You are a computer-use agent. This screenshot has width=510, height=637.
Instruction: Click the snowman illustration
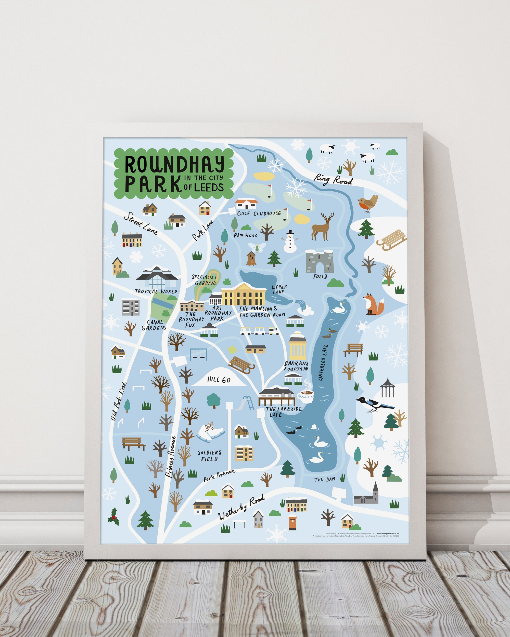[x=290, y=242]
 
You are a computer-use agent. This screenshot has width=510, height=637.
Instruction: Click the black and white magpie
[x=374, y=404]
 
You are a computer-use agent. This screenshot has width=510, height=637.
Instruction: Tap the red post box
[x=292, y=522]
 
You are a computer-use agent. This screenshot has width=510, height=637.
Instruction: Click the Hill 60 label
[x=219, y=380]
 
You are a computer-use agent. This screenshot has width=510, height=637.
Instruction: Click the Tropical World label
[x=156, y=291]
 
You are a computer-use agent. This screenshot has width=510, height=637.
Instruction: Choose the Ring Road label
[x=333, y=179]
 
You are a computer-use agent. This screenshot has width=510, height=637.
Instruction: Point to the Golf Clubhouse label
[x=259, y=213]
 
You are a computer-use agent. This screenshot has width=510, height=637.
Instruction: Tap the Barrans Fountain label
[x=296, y=366]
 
